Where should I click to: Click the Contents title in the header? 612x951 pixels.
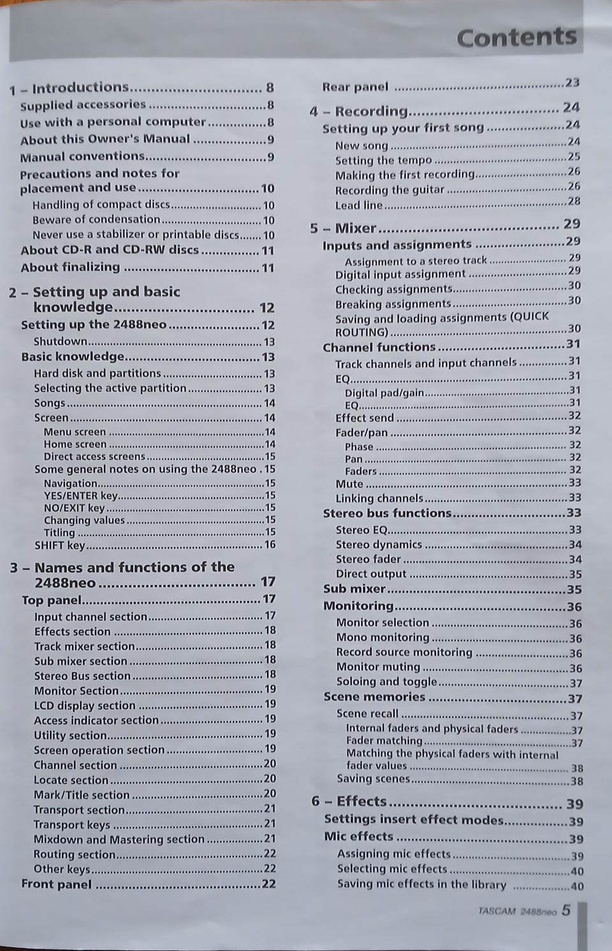[516, 38]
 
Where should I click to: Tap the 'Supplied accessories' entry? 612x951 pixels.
[83, 105]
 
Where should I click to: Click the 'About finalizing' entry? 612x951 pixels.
[70, 267]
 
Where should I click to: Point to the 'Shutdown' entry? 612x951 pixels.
[60, 342]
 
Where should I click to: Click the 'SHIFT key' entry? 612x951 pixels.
[59, 545]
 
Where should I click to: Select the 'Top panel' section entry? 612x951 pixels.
[52, 600]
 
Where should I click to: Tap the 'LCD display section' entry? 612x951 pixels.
[84, 705]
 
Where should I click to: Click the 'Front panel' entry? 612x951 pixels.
[56, 884]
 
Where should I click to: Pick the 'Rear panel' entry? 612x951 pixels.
[354, 87]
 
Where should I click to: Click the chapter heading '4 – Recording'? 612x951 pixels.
[358, 111]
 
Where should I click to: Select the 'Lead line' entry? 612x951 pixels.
[359, 205]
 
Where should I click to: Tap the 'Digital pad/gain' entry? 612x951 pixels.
[384, 393]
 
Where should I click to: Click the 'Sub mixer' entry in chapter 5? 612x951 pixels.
[354, 589]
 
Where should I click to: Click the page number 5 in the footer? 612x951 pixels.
[566, 910]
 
